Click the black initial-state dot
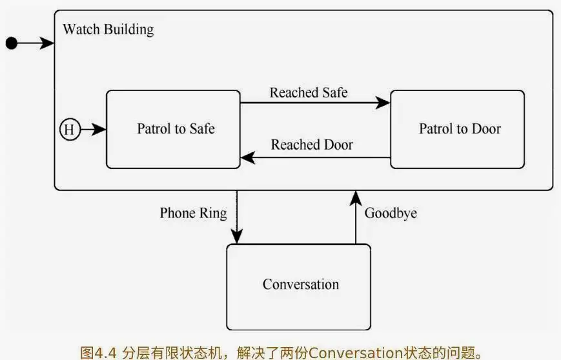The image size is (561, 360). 11,43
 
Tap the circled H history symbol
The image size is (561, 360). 69,130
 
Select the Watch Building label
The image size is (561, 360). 108,30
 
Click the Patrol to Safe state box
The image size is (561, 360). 173,129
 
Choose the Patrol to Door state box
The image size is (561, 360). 457,129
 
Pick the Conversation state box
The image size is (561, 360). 298,284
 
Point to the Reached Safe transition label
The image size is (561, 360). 309,92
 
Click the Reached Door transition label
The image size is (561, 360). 312,145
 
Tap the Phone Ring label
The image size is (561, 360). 193,213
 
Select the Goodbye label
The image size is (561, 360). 391,213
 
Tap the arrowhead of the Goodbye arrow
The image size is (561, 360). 355,197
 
